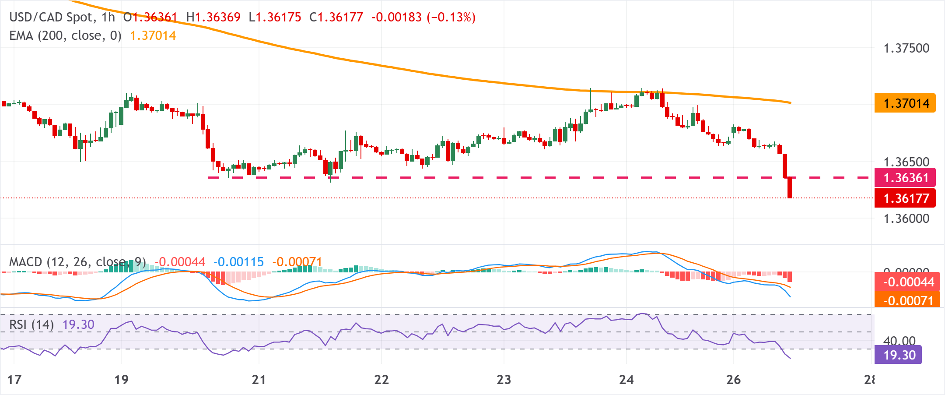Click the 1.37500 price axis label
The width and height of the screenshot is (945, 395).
[906, 48]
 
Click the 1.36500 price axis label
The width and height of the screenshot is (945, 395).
[906, 162]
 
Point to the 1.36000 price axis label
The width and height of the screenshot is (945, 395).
[906, 219]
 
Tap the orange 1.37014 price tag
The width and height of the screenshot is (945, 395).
[905, 103]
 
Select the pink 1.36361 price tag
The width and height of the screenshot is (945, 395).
[905, 178]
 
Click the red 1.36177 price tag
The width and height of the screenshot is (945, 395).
[905, 198]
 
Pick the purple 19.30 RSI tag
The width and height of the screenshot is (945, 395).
[898, 355]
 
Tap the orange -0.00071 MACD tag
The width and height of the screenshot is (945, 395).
[907, 300]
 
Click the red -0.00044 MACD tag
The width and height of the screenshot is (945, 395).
[907, 282]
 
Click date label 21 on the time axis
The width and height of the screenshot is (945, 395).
[259, 379]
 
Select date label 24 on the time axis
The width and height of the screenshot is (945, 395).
[626, 379]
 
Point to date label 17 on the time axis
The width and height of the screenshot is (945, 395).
[14, 379]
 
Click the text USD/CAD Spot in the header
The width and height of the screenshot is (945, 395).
[51, 17]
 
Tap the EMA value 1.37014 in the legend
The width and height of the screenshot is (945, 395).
[153, 35]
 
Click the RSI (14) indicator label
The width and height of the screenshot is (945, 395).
[31, 324]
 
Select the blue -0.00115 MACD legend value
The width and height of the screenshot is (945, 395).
[238, 262]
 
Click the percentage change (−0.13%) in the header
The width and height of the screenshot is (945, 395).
[451, 17]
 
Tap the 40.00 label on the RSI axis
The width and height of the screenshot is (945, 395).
[899, 341]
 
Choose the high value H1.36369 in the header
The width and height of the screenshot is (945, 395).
[213, 17]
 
